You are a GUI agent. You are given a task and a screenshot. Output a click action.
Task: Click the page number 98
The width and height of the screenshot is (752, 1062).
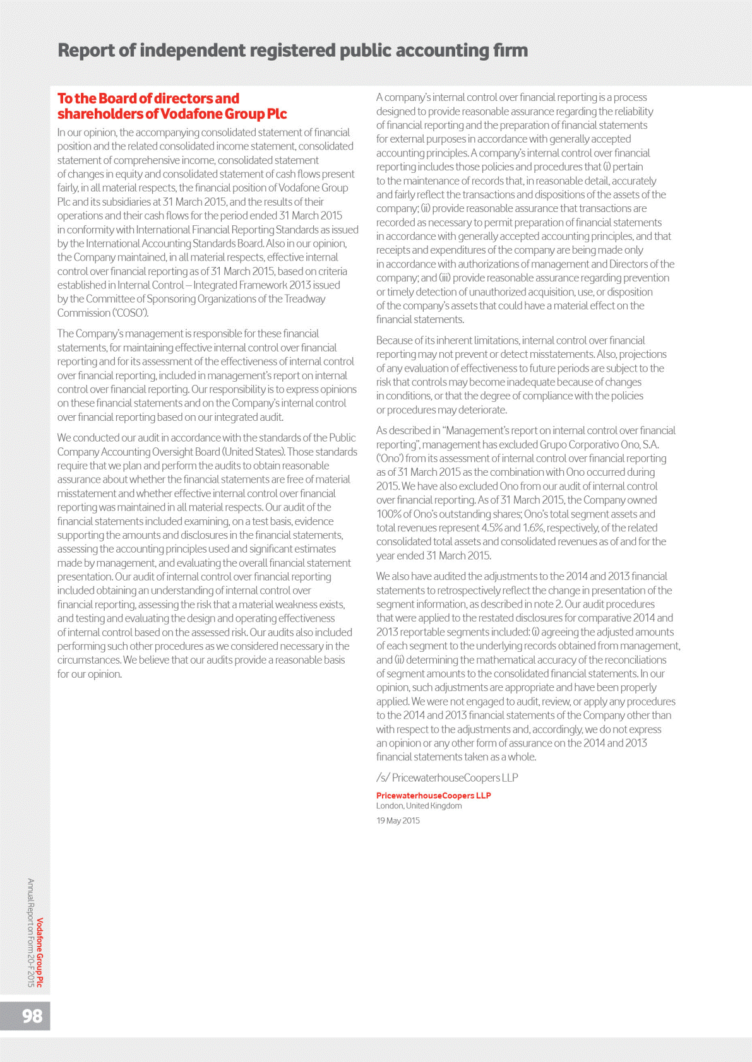pyautogui.click(x=32, y=1015)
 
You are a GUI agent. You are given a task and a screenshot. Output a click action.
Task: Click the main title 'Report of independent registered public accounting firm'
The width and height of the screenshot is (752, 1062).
pyautogui.click(x=292, y=50)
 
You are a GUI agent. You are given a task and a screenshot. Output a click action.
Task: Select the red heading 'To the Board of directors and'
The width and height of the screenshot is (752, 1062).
pyautogui.click(x=148, y=98)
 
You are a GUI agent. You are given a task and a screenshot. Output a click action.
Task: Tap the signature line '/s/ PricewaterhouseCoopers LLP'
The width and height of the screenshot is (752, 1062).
pyautogui.click(x=447, y=777)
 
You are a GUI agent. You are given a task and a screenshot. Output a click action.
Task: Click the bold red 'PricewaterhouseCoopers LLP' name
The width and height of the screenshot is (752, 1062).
pyautogui.click(x=433, y=795)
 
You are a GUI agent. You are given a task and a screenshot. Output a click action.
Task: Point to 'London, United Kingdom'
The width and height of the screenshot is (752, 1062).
pyautogui.click(x=419, y=806)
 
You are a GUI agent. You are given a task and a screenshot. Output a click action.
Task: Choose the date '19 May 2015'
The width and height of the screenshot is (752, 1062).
pyautogui.click(x=398, y=820)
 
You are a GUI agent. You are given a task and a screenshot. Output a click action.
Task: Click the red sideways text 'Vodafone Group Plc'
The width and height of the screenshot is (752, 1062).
pyautogui.click(x=40, y=952)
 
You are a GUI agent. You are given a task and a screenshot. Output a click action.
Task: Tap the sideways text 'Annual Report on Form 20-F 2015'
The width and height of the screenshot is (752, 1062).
pyautogui.click(x=30, y=932)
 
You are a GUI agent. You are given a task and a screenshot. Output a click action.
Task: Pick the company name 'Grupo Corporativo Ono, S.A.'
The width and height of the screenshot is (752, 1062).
pyautogui.click(x=599, y=444)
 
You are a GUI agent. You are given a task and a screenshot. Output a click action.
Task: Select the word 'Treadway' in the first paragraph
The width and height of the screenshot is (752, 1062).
pyautogui.click(x=305, y=299)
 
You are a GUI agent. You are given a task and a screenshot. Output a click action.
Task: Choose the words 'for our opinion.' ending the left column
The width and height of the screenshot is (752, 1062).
pyautogui.click(x=90, y=674)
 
